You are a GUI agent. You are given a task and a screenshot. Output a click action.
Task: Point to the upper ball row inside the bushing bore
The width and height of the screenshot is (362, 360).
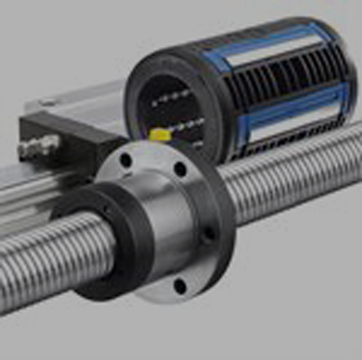(170, 97)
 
